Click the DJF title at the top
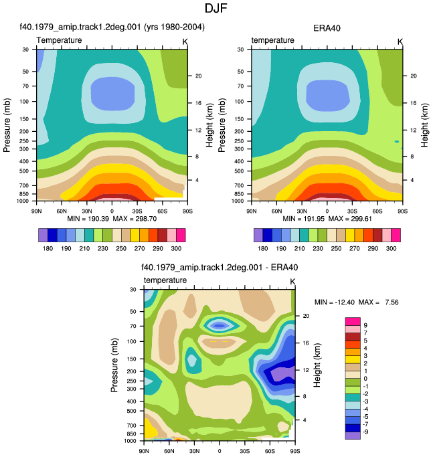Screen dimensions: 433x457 215,8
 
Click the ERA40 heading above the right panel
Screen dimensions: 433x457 327,28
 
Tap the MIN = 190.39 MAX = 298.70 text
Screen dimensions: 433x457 112,219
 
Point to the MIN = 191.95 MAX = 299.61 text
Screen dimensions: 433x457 327,219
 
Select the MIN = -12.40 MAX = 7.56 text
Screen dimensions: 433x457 356,302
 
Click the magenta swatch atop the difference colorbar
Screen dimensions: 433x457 353,321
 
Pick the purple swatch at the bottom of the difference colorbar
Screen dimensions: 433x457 353,436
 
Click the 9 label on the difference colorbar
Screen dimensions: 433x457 365,325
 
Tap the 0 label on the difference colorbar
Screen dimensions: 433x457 365,379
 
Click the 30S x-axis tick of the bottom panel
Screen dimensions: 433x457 245,451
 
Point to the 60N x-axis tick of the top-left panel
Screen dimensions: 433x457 62,211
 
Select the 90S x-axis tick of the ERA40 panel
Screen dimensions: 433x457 403,211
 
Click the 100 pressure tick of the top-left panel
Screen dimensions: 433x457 24,102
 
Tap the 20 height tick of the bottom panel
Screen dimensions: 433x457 306,316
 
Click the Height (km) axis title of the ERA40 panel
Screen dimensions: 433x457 424,125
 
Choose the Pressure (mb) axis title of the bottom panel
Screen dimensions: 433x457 114,365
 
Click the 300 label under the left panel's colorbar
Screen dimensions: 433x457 176,249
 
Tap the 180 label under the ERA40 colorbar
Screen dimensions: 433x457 262,249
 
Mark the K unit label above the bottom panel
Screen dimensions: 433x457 292,282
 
